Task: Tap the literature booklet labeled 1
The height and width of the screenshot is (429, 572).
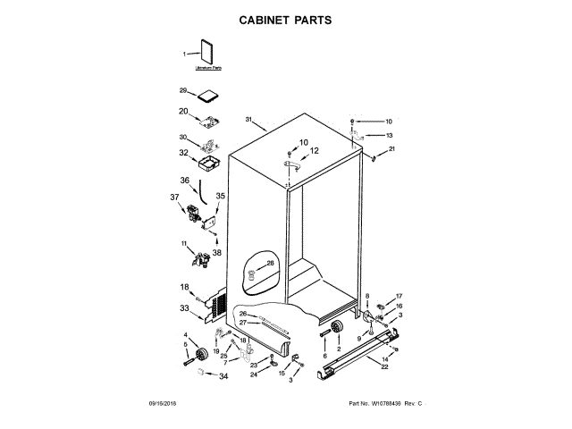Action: (207, 53)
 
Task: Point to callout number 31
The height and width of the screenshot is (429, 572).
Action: (249, 119)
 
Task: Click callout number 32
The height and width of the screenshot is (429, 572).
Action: (183, 153)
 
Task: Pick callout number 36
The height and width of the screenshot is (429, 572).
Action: (184, 181)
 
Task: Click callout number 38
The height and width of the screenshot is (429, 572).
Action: (216, 253)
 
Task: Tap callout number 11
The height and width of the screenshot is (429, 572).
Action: (184, 243)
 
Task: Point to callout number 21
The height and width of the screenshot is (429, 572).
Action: (391, 147)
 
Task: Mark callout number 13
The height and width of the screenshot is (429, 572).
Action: (390, 135)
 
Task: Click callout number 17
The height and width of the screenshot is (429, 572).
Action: (400, 296)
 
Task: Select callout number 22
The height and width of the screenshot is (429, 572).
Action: (384, 367)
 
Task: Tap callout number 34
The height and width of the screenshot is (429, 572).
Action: (223, 376)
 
